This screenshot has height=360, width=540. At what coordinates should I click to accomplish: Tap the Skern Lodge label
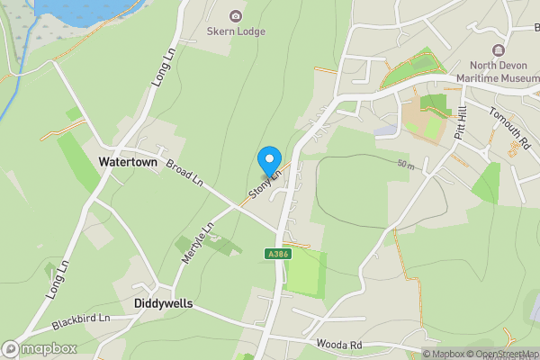pos(236,32)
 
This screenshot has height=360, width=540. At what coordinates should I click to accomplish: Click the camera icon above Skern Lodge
pos(236,15)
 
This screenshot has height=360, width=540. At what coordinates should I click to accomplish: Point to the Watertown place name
pos(128,163)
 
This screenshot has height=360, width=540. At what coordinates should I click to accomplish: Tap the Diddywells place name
pos(163,304)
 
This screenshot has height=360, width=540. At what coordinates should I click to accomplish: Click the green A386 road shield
pos(277,256)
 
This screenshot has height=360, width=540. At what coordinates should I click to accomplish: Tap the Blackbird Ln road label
pos(80,319)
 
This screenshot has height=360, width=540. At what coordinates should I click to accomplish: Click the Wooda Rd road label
pos(338,345)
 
